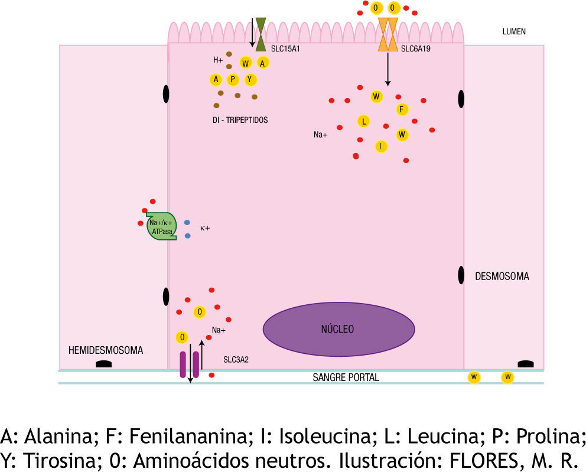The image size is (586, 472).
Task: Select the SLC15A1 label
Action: tap(285, 48)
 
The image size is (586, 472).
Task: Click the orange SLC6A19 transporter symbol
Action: tap(388, 34)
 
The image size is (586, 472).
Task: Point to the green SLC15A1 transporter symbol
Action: tap(261, 31)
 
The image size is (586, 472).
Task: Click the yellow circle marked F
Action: tap(402, 109)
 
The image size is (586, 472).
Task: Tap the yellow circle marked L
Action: tap(363, 122)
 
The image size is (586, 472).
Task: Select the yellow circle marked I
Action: tap(381, 146)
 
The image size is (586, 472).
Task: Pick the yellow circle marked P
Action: tap(233, 80)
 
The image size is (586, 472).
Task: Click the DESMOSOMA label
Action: tap(502, 276)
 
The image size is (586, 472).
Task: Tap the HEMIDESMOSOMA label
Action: tap(106, 350)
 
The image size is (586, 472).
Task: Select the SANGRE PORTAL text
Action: tap(346, 377)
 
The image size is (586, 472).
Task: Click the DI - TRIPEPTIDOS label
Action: tap(240, 120)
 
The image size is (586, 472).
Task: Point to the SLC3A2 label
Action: tap(236, 359)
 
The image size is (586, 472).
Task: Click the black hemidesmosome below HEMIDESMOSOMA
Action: tap(104, 364)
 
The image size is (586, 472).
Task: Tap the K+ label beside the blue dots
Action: tap(206, 227)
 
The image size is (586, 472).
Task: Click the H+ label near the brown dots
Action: tap(218, 60)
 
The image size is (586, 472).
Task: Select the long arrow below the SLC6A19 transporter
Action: tap(388, 69)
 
